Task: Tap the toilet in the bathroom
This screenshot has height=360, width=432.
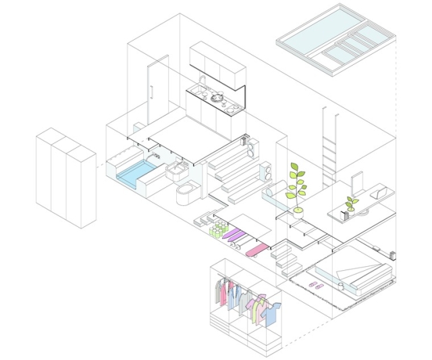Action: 186,195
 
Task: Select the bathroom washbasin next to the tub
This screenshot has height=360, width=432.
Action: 177,170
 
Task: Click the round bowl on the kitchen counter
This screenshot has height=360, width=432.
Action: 218,98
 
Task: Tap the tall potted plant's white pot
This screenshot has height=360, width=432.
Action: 298,211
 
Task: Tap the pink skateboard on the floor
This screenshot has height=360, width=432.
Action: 257,251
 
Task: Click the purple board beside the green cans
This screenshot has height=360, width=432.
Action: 234,235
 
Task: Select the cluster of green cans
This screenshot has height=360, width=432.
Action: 217,231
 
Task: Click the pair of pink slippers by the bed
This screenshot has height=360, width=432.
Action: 315,286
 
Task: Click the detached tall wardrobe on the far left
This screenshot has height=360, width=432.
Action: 66,177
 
